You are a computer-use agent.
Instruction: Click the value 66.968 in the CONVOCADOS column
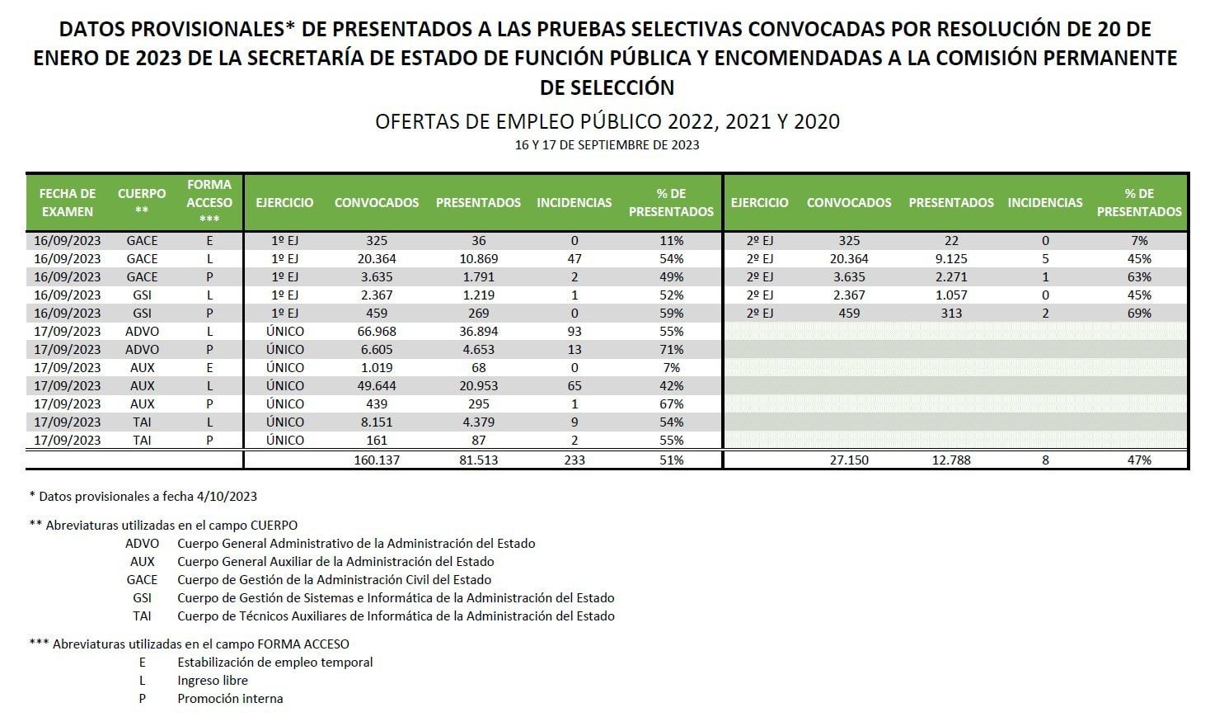(376, 331)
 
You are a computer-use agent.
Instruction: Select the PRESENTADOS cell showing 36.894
(478, 331)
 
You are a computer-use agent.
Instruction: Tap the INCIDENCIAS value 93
(574, 331)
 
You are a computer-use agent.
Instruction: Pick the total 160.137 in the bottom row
(376, 460)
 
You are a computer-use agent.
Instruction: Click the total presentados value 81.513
(478, 460)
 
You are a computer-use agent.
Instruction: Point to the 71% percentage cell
(672, 349)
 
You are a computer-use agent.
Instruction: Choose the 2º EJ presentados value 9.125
(951, 258)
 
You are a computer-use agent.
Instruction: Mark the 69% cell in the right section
(1139, 313)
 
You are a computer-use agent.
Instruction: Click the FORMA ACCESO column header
(209, 201)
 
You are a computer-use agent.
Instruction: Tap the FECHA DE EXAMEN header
(68, 202)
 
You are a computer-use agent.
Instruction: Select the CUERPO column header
(142, 201)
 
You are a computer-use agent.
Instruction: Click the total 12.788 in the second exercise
(951, 460)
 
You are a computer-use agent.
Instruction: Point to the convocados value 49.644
(376, 385)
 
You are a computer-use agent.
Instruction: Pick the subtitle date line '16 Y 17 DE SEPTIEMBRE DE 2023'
(607, 145)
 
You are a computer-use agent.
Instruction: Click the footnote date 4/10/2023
(227, 496)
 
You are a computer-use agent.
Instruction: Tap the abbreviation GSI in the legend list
(142, 597)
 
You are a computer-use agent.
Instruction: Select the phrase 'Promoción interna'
(230, 698)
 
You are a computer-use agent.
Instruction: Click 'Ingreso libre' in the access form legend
(213, 680)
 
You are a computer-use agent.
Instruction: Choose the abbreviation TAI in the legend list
(142, 616)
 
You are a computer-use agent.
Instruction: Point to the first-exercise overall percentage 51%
(672, 460)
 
